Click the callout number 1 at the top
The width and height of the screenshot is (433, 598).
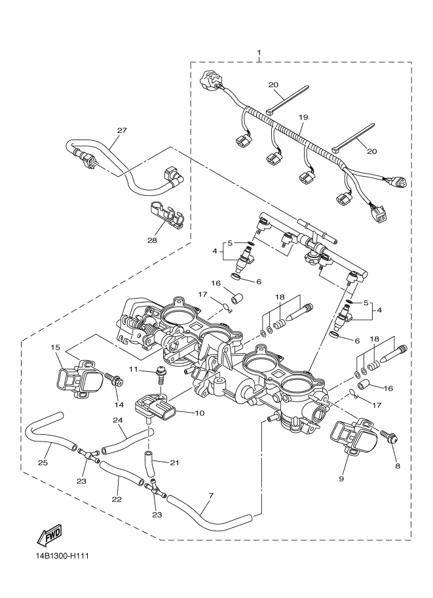click(x=259, y=52)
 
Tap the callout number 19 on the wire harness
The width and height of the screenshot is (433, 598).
click(x=303, y=117)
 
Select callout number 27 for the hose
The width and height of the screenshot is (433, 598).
click(x=122, y=130)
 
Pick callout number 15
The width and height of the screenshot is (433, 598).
click(x=55, y=347)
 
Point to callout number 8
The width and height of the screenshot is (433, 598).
click(x=397, y=466)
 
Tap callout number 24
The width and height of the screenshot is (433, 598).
click(x=119, y=421)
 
